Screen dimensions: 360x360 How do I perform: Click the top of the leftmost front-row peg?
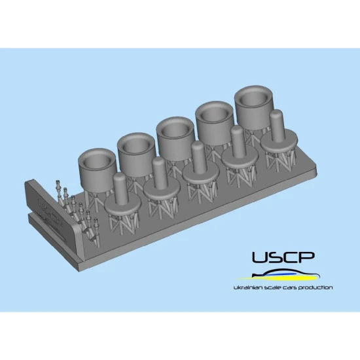[x=118, y=178]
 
